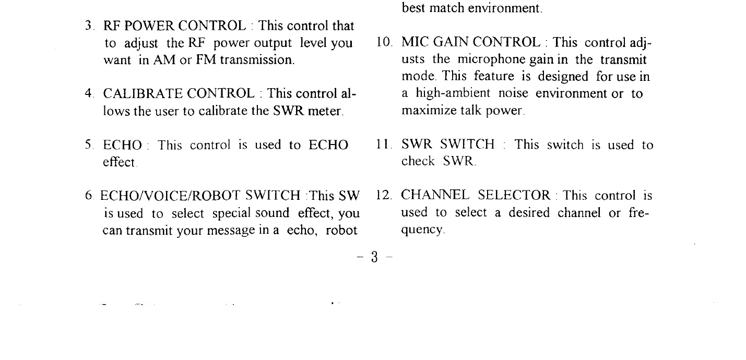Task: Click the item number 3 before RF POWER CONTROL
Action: pos(88,26)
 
